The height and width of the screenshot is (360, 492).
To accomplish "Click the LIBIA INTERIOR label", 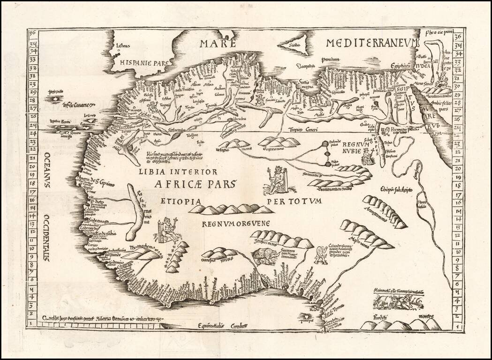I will (178, 172).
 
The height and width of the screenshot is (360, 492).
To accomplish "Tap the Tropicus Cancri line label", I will (303, 129).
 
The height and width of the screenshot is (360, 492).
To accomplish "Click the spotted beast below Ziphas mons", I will (265, 255).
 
